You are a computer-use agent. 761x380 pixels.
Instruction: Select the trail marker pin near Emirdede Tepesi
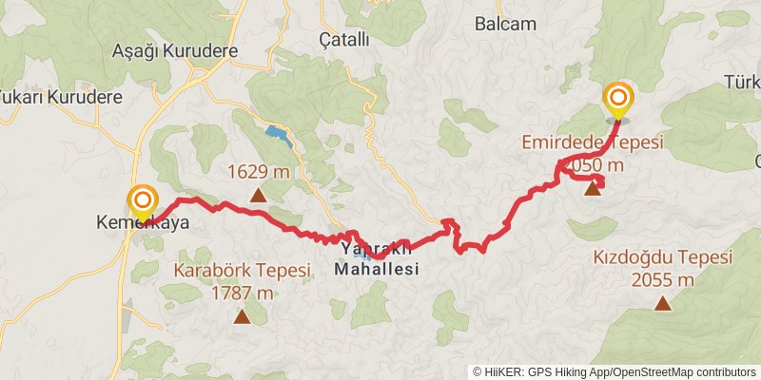click(619, 99)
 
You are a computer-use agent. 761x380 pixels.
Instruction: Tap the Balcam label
click(505, 25)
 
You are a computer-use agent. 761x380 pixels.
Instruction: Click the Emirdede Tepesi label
click(592, 142)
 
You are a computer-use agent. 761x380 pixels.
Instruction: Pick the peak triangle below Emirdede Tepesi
click(593, 188)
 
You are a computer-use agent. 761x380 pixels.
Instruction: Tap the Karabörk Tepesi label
click(242, 271)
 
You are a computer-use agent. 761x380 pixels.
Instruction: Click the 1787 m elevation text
click(242, 293)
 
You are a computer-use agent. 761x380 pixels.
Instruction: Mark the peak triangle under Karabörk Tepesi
click(242, 317)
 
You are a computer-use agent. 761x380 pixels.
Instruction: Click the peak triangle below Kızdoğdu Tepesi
click(661, 304)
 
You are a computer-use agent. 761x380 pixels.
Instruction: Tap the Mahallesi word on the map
click(377, 270)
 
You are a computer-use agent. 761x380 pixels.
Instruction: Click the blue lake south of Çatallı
click(277, 132)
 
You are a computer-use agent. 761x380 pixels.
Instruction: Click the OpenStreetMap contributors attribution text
click(683, 371)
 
